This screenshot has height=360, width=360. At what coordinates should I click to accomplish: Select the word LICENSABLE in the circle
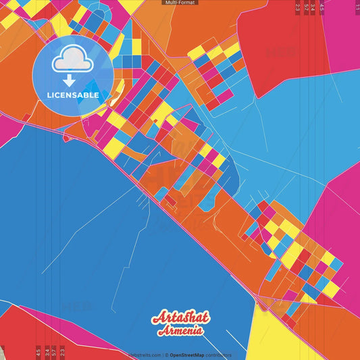[x=72, y=95]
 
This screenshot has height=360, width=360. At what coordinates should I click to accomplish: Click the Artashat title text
[x=180, y=317]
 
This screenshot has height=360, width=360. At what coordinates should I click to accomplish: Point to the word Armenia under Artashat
[x=181, y=331]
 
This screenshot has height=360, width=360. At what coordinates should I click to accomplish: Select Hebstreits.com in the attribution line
[x=145, y=355]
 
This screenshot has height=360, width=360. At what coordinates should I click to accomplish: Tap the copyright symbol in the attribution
[x=166, y=355]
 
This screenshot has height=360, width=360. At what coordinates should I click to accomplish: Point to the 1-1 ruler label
[x=357, y=7]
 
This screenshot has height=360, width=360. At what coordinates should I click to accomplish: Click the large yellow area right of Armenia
[x=284, y=334]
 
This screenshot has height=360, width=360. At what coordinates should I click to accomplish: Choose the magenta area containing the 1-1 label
[x=344, y=27]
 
